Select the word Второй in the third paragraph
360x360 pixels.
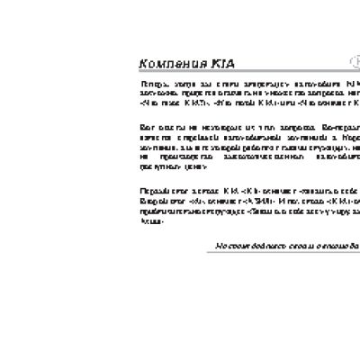click(x=151, y=202)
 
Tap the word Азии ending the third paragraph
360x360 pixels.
click(x=149, y=221)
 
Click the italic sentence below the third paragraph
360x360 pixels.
click(x=287, y=245)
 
